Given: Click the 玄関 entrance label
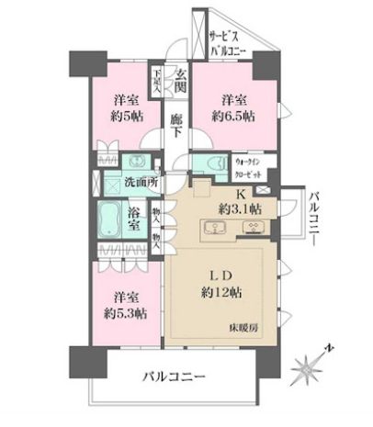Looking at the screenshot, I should (182, 81).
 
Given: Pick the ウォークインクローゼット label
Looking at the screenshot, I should (248, 165).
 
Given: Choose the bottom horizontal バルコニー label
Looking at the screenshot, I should (174, 377).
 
